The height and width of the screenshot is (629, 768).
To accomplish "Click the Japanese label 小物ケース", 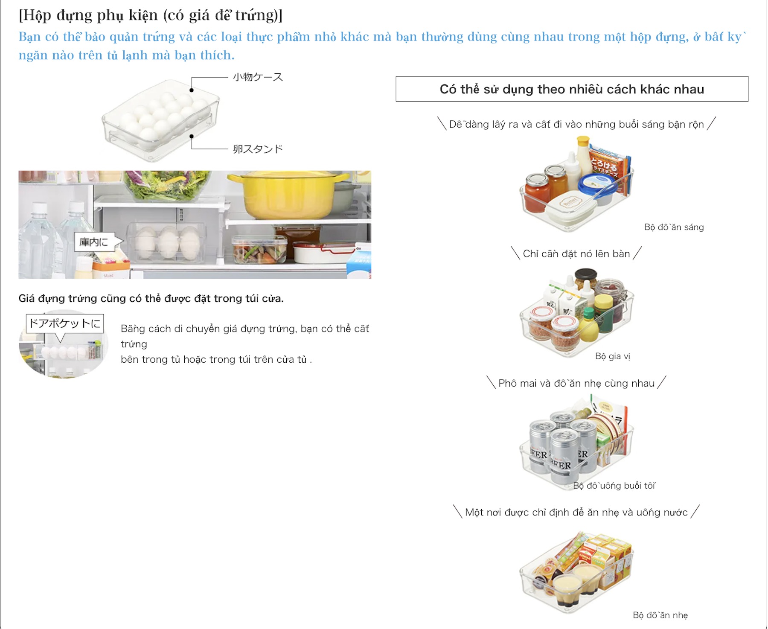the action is click(258, 77).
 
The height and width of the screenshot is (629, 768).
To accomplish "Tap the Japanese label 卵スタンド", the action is click(258, 149).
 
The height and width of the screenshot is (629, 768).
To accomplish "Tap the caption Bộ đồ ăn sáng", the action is click(674, 227).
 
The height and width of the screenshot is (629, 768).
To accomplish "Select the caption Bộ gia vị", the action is click(612, 356).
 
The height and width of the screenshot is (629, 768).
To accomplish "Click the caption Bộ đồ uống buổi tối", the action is click(614, 486).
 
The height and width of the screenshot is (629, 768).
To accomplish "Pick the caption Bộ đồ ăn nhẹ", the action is click(660, 615).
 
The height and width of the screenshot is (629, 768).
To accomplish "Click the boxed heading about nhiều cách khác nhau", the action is click(572, 89).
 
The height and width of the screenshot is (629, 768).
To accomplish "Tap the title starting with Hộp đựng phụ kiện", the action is click(151, 15).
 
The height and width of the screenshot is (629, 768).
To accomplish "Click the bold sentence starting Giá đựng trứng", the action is click(151, 298).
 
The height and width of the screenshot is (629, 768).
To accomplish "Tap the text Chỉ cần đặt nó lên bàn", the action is click(576, 254).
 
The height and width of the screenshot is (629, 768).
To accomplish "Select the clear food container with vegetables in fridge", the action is click(259, 250).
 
